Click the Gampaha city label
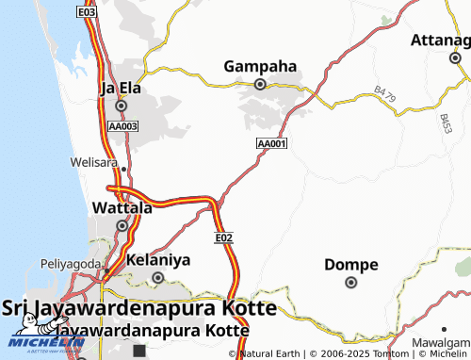260,66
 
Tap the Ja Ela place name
120,90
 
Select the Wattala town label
122,207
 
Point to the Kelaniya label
157,259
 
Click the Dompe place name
351,264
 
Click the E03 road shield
86,13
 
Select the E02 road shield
223,238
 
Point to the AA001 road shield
271,143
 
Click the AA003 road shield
122,126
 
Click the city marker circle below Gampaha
261,84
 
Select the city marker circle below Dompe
351,282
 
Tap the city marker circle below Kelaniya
157,277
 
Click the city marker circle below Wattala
122,226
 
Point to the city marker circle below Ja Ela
121,106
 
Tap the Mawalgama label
443,341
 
